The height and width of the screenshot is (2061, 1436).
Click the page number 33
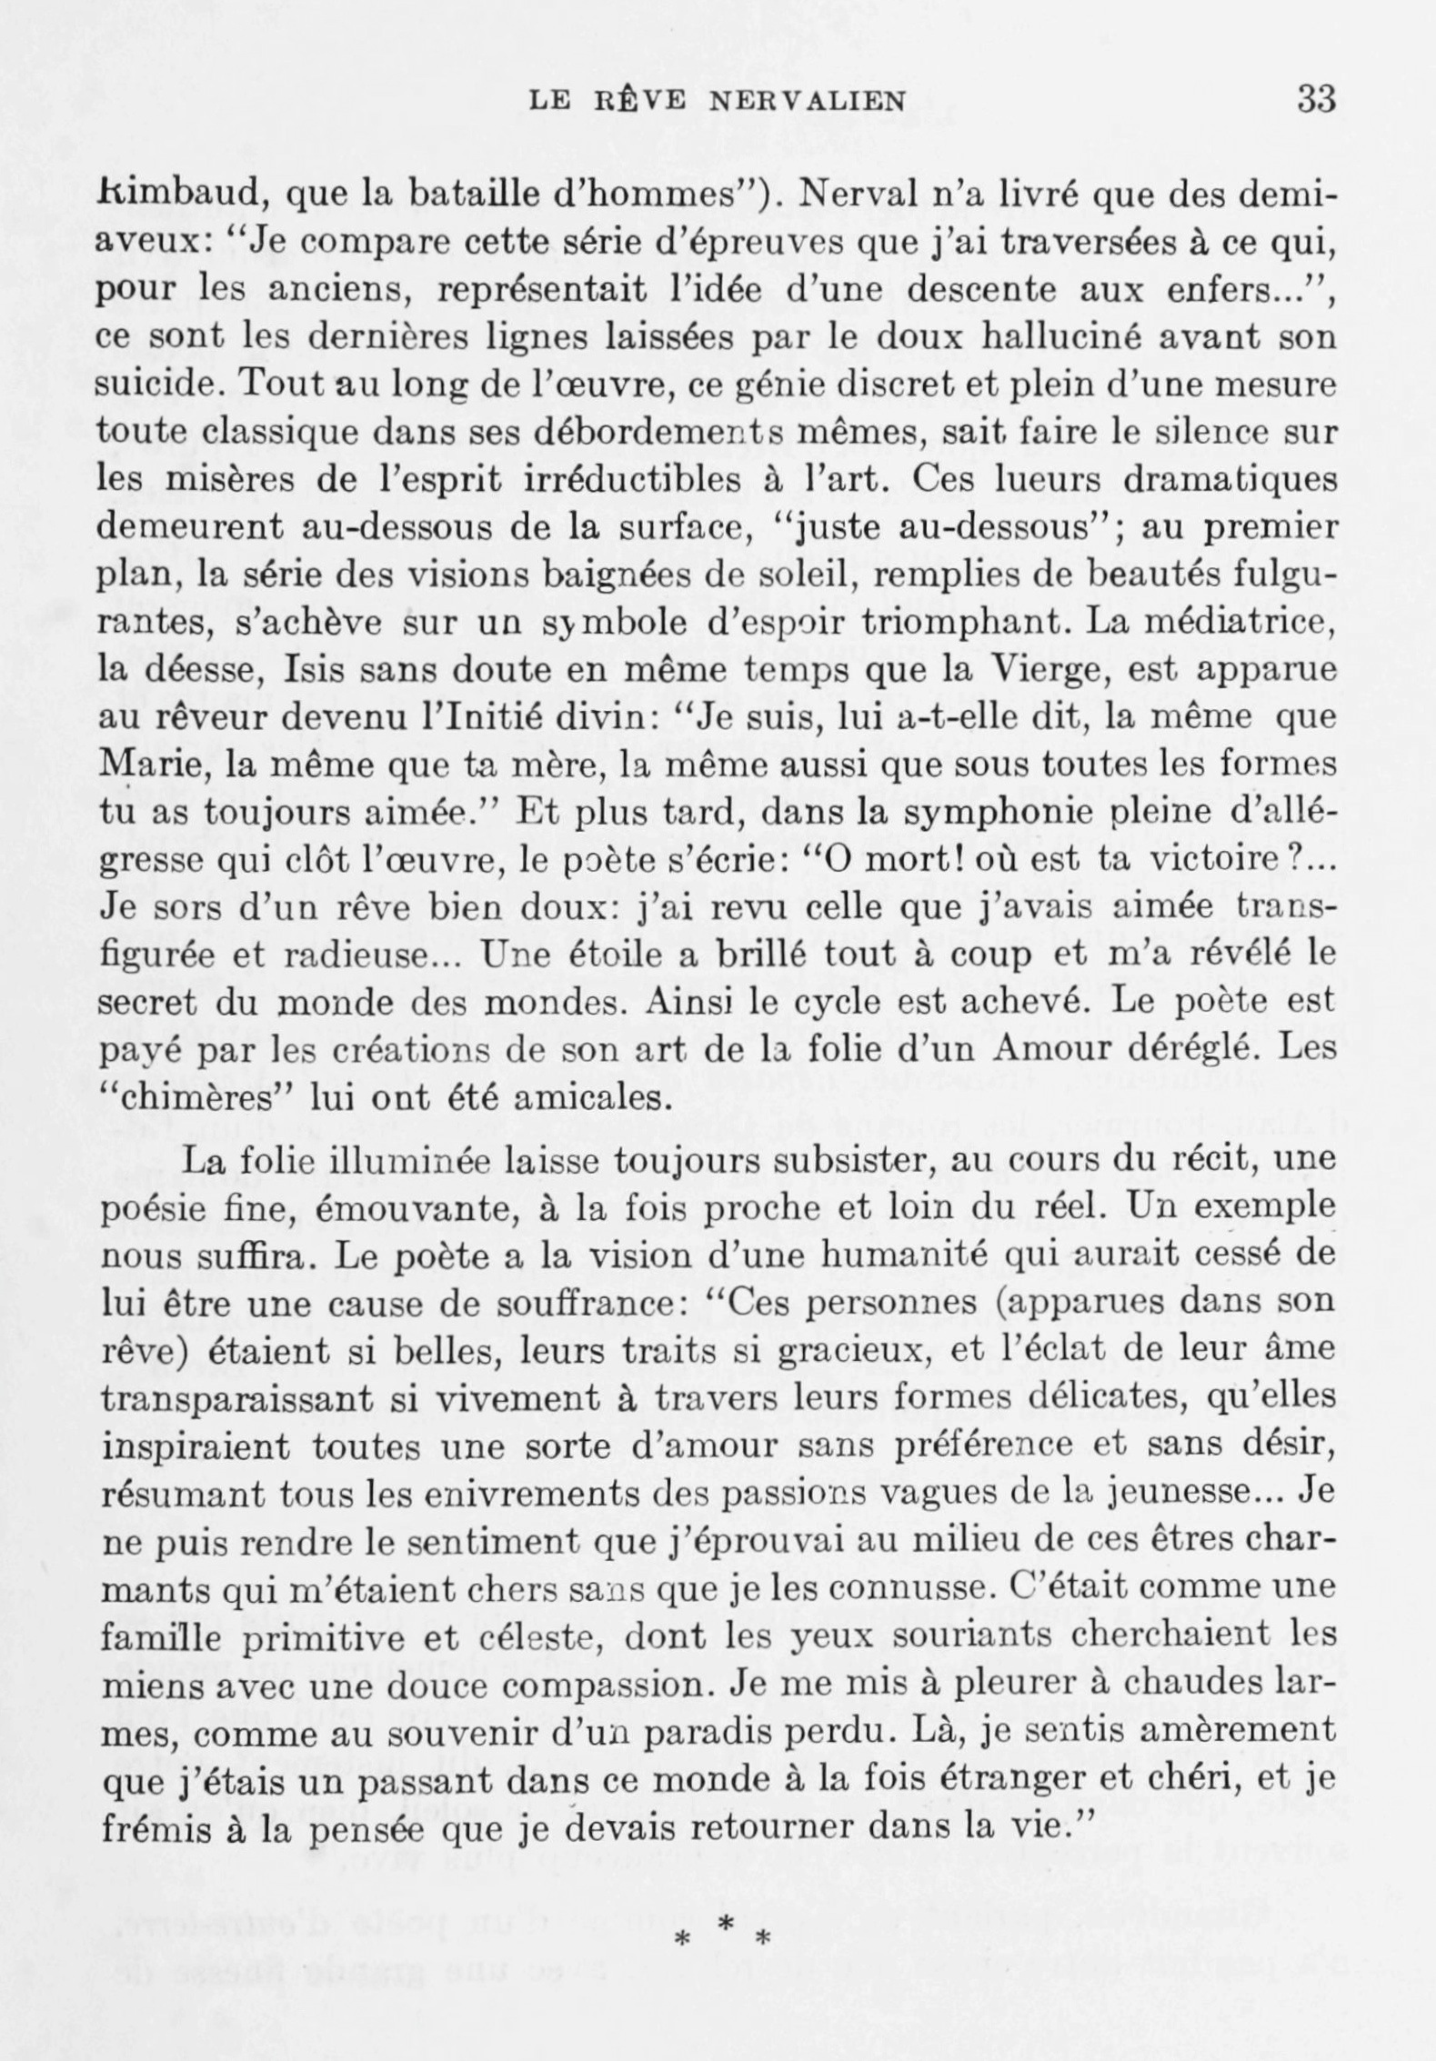pyautogui.click(x=1315, y=98)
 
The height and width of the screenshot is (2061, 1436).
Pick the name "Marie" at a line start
pyautogui.click(x=139, y=764)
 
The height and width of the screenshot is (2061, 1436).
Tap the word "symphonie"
pyautogui.click(x=934, y=811)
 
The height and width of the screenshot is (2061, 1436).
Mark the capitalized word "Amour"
pyautogui.click(x=1049, y=1049)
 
